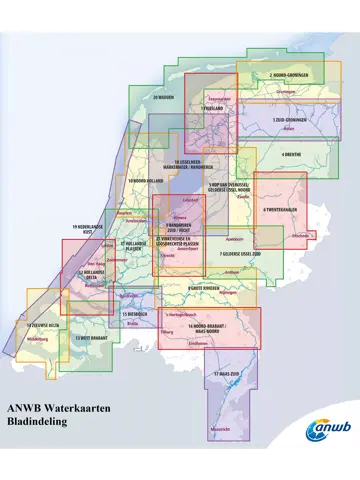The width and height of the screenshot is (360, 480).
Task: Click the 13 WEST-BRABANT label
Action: tap(77, 338)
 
